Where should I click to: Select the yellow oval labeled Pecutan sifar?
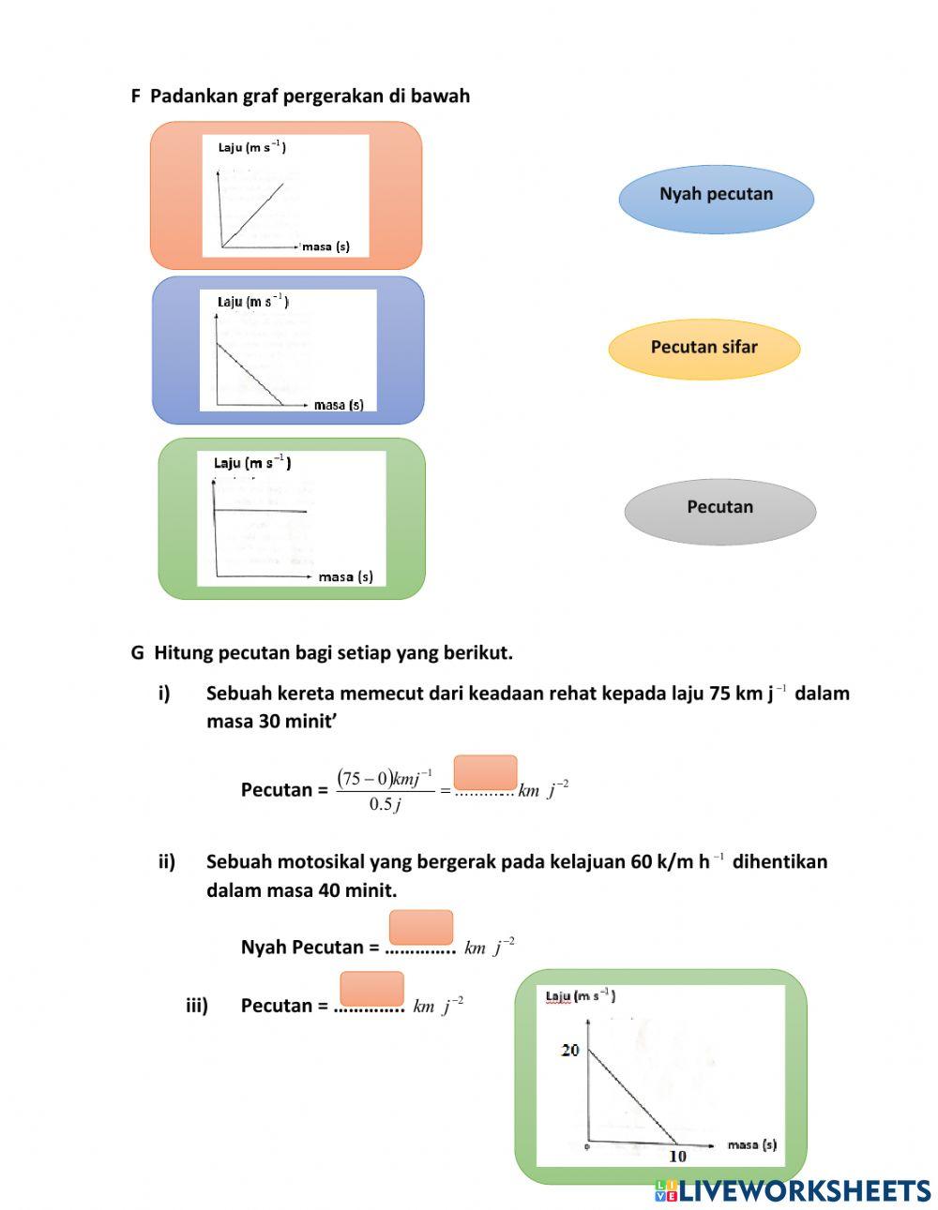704,349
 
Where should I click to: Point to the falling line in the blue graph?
250,375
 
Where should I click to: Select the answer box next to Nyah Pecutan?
421,927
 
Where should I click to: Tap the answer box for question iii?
372,989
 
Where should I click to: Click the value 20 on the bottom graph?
570,1051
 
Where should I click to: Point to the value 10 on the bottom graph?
677,1157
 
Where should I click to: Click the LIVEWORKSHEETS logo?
793,1190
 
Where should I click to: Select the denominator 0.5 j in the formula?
385,804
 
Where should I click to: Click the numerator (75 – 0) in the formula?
363,779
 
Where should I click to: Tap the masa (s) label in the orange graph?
325,247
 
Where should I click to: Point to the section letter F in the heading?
135,96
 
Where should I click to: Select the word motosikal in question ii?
317,861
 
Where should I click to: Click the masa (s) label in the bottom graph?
751,1144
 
